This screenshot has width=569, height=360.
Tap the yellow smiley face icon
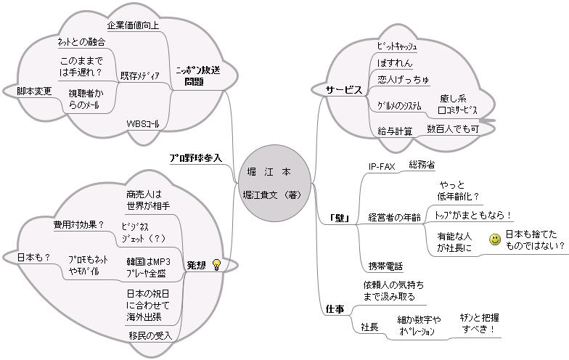pyautogui.click(x=495, y=240)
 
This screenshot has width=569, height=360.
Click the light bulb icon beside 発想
pyautogui.click(x=216, y=264)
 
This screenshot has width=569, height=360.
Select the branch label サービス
pyautogui.click(x=343, y=90)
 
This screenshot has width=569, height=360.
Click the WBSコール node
pyautogui.click(x=142, y=124)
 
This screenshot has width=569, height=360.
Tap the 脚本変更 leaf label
pyautogui.click(x=35, y=91)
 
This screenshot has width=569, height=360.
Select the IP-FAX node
pyautogui.click(x=382, y=166)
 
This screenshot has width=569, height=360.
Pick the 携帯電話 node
pyautogui.click(x=385, y=266)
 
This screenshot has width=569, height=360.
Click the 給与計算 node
pyautogui.click(x=396, y=131)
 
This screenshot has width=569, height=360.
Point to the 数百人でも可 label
pyautogui.click(x=453, y=129)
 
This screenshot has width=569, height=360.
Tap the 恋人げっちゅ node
pyautogui.click(x=404, y=78)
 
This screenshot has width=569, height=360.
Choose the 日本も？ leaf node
pyautogui.click(x=24, y=256)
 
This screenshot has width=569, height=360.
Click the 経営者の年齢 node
pyautogui.click(x=394, y=217)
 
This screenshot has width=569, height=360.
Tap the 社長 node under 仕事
pyautogui.click(x=369, y=327)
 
